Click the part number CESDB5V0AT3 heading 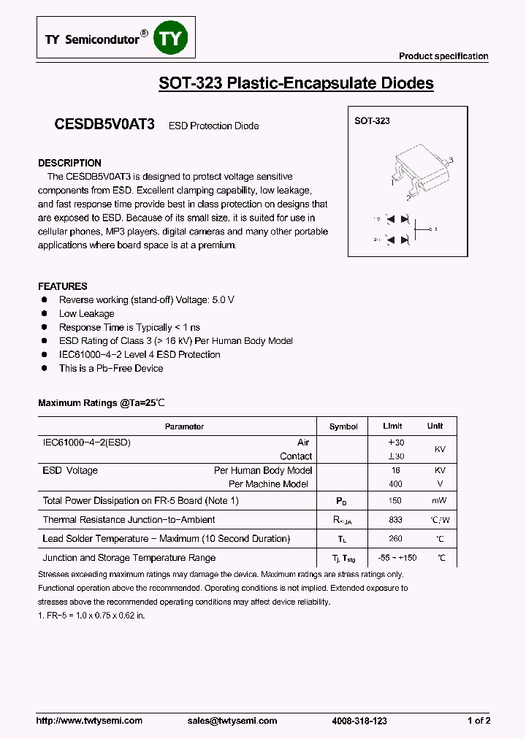point(104,125)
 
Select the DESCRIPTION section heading point(69,163)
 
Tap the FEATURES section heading point(62,286)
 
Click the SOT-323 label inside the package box point(372,121)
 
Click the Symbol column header point(343,426)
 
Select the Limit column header point(392,426)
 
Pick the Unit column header point(435,426)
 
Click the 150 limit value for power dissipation point(395,501)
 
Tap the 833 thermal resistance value point(395,520)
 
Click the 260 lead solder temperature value point(395,539)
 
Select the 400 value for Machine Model point(395,484)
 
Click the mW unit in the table point(439,501)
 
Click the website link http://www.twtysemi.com point(89,721)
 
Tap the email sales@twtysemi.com point(232,721)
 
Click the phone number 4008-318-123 point(359,721)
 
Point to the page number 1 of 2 point(479,721)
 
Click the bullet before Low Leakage point(44,313)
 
